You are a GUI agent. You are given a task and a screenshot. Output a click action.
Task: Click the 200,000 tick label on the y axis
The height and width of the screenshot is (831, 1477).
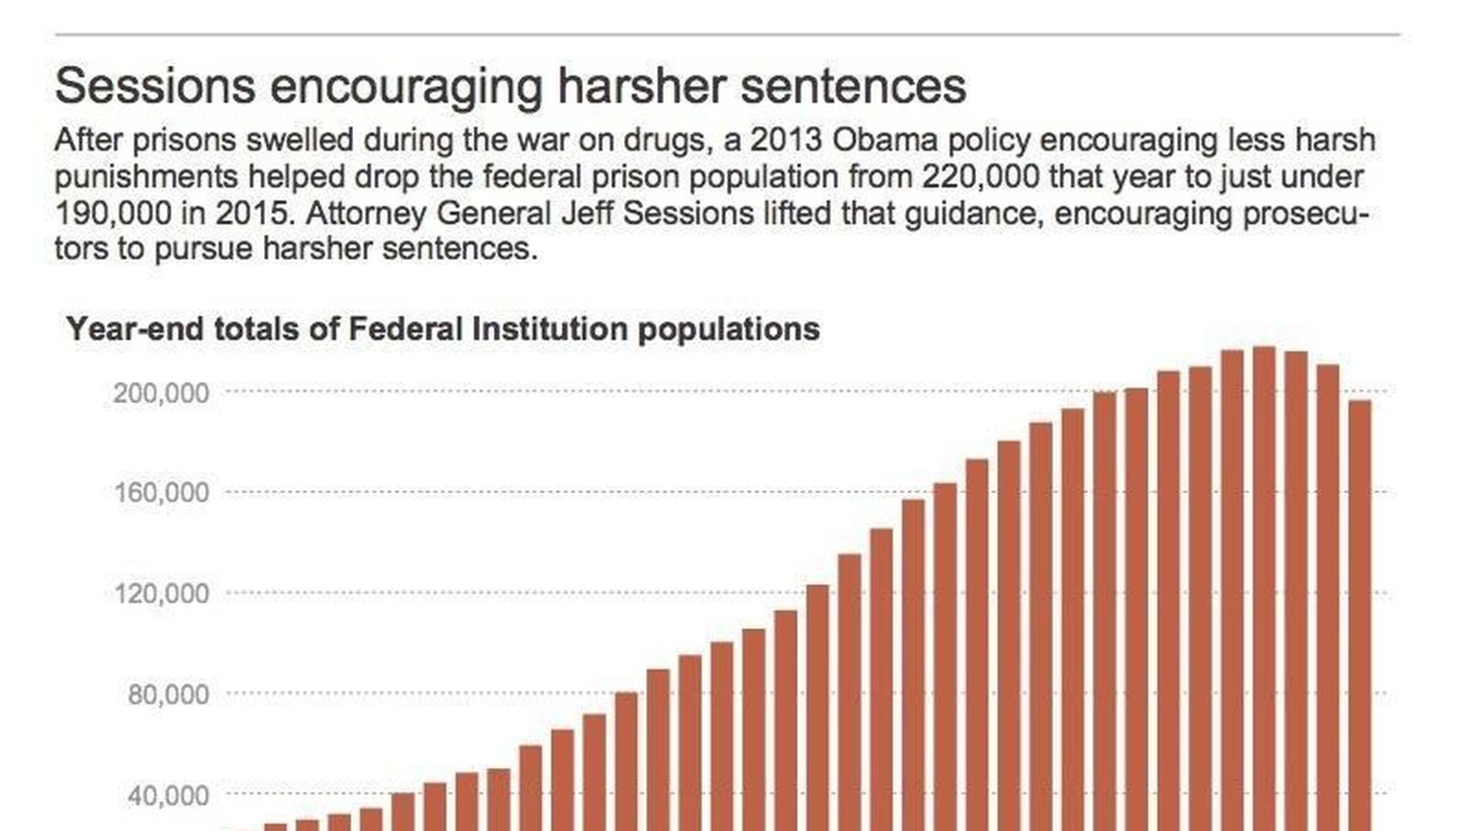tap(161, 393)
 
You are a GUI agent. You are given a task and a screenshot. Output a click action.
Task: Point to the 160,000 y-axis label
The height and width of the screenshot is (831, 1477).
tap(161, 492)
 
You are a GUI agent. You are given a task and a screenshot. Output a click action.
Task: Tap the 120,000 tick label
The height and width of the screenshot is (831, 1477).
tap(161, 593)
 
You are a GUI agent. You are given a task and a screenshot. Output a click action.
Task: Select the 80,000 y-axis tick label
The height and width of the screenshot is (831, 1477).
tap(168, 695)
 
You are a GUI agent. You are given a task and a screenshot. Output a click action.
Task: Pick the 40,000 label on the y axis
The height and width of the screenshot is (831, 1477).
tap(168, 796)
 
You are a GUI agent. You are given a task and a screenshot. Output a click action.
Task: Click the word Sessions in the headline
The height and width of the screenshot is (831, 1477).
tap(155, 85)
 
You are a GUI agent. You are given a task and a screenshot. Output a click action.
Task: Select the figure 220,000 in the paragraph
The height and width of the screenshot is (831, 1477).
tap(979, 177)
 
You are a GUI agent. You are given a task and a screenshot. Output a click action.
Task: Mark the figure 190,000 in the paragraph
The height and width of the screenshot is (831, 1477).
tap(113, 213)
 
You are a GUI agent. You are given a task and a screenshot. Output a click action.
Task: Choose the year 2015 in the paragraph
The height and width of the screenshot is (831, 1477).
tap(254, 213)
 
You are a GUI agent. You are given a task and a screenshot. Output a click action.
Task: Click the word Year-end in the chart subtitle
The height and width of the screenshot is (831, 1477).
tap(135, 329)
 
